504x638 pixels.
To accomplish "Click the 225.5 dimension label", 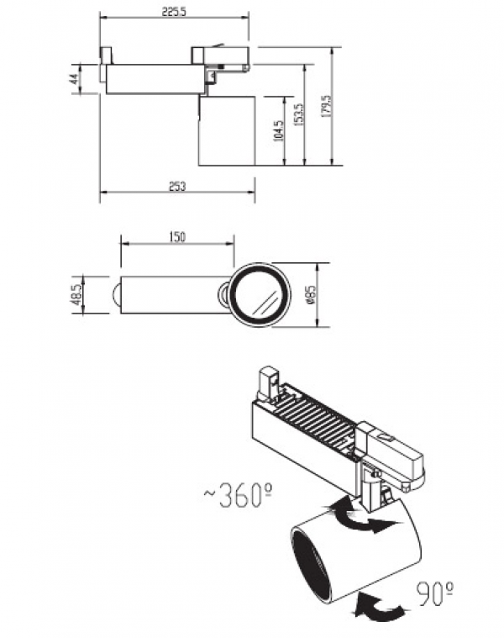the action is [x=174, y=12].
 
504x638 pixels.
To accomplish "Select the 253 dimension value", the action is [x=177, y=187].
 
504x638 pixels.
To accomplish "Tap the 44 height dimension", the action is [x=74, y=79].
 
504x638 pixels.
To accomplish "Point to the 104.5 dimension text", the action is [x=279, y=130].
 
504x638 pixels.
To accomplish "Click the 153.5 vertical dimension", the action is [x=299, y=114].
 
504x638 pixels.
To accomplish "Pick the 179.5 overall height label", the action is [x=327, y=107].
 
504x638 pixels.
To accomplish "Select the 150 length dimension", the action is [x=177, y=237].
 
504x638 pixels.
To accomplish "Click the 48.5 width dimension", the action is [x=76, y=294].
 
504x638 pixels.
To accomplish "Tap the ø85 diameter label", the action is [x=311, y=294].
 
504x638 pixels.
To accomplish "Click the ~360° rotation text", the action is [x=238, y=495].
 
